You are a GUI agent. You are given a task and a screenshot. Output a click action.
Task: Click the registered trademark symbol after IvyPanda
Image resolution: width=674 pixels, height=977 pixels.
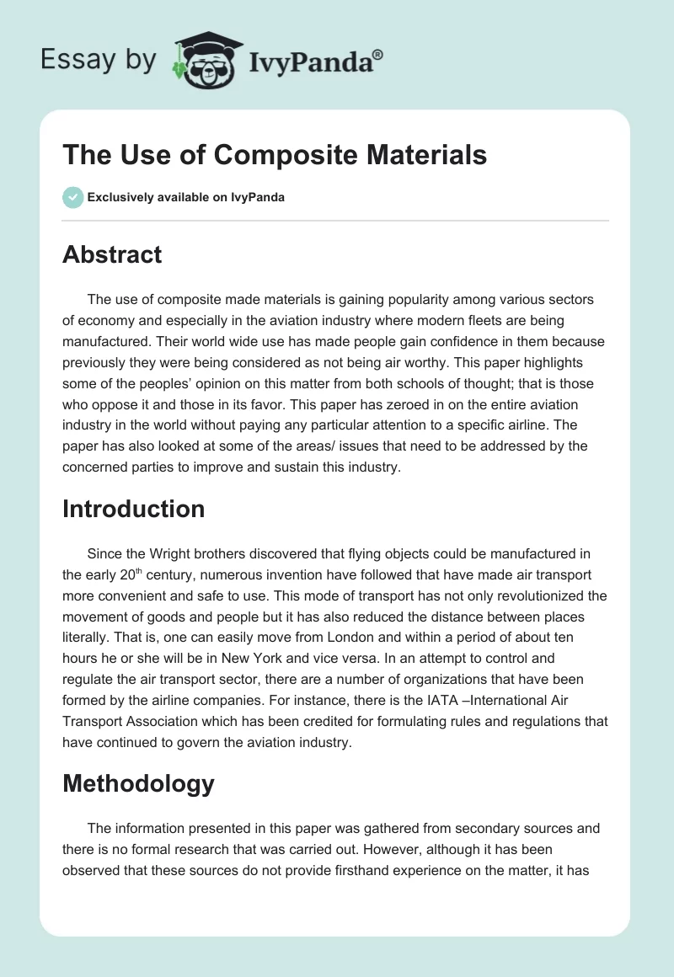[378, 54]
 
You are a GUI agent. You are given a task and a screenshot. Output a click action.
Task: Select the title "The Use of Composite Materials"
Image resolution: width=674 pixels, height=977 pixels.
[275, 155]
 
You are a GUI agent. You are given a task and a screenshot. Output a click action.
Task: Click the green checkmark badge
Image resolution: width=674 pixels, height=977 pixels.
[72, 197]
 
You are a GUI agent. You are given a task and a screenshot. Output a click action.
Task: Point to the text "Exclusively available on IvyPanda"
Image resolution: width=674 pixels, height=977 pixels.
[186, 198]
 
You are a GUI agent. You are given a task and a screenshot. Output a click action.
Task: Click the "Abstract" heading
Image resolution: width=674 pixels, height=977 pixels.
[112, 254]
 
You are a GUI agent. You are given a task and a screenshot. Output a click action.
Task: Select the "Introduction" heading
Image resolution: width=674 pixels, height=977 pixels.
[134, 509]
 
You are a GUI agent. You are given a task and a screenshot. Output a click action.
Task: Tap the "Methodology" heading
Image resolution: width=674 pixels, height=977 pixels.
[138, 783]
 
